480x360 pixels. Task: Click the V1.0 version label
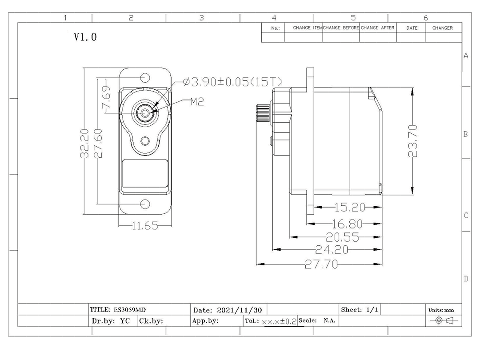point(85,37)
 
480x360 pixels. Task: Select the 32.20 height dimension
point(85,143)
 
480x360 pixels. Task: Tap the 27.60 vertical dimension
point(98,143)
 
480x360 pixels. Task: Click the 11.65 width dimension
point(145,226)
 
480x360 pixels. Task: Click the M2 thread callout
point(197,102)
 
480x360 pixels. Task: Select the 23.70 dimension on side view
point(413,140)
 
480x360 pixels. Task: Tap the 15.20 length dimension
point(350,207)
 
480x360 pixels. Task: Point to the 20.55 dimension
point(342,236)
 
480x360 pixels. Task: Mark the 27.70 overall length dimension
point(321,265)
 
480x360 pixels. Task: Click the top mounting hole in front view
point(145,78)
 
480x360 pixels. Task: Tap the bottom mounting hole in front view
point(145,204)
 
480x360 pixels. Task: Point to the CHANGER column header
point(442,28)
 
